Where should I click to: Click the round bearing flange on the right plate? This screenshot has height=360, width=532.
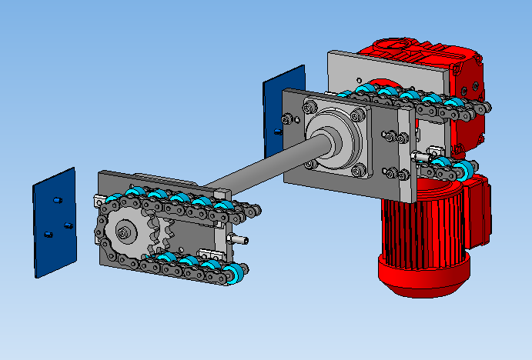pyautogui.click(x=334, y=138)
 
